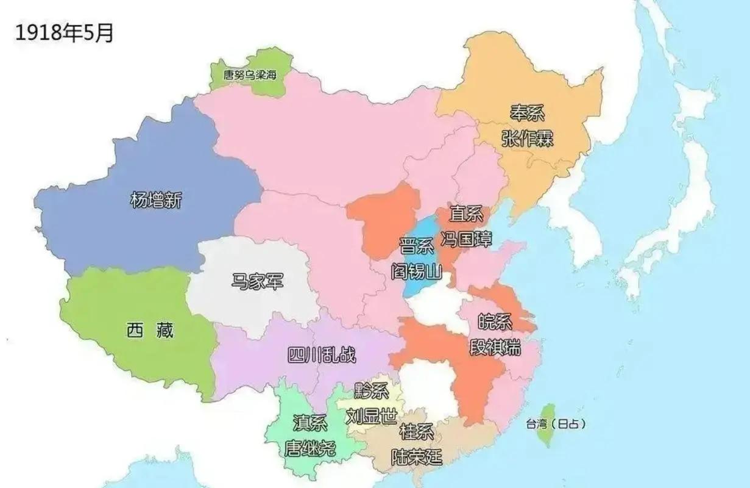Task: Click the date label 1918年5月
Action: tap(65, 33)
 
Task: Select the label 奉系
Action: tap(527, 113)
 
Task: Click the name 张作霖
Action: tap(527, 138)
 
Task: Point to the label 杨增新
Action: tap(156, 200)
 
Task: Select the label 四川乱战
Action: tap(321, 355)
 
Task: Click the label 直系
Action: tap(466, 213)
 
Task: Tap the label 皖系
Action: tap(495, 323)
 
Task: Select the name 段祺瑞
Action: tap(495, 348)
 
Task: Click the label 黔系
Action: tap(370, 392)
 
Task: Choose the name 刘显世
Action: tap(371, 417)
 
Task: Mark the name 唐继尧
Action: tap(310, 449)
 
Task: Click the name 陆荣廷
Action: tap(416, 456)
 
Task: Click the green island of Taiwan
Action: tap(548, 423)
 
